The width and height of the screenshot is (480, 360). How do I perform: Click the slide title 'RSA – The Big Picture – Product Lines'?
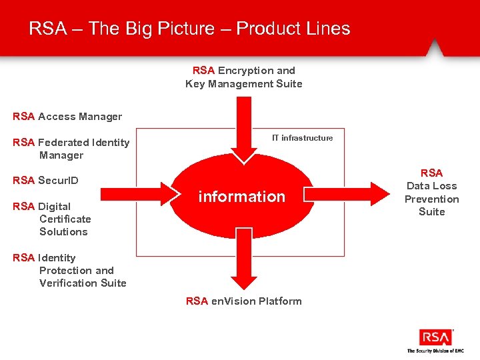tap(189, 29)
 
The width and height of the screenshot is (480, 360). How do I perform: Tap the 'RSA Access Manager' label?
tap(67, 117)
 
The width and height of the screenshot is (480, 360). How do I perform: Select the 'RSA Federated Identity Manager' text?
tap(71, 149)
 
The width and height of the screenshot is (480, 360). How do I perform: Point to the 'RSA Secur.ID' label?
tap(45, 181)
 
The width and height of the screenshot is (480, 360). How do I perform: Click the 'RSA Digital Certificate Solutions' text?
tap(52, 219)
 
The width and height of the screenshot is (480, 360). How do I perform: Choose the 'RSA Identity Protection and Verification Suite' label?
tap(69, 271)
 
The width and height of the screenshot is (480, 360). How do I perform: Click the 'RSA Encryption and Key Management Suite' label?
tap(244, 77)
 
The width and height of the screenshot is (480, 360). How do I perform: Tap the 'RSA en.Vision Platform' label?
tap(244, 301)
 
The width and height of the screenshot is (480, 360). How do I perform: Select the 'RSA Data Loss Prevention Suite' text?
tap(431, 193)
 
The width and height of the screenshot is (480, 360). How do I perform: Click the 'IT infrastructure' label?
tap(302, 138)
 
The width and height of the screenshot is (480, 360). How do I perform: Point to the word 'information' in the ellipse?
tap(242, 197)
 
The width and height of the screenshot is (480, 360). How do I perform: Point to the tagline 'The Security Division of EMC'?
tap(435, 351)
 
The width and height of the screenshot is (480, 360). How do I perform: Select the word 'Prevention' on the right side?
tap(431, 199)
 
